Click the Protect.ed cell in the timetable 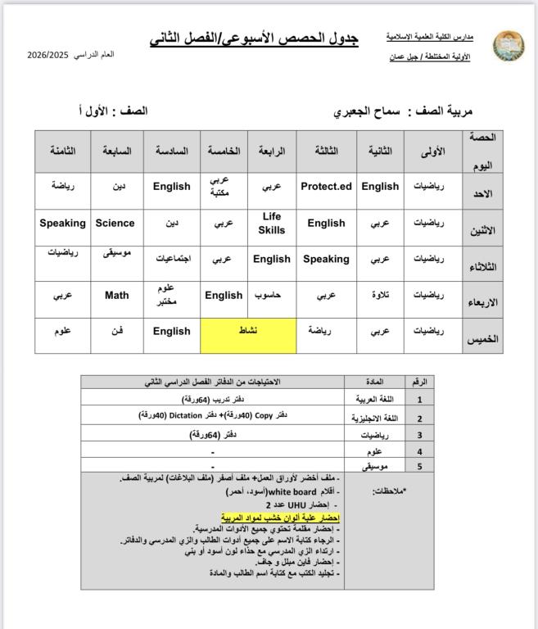click(x=326, y=187)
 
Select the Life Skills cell click(x=272, y=223)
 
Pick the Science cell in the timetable click(x=115, y=223)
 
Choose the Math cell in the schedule click(x=116, y=295)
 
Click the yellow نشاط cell click(x=247, y=331)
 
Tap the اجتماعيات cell click(x=172, y=259)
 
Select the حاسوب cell click(x=271, y=295)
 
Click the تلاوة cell click(x=380, y=295)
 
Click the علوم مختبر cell click(x=171, y=295)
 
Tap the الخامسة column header click(x=224, y=152)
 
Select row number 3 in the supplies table click(x=419, y=435)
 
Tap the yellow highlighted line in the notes click(x=280, y=518)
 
